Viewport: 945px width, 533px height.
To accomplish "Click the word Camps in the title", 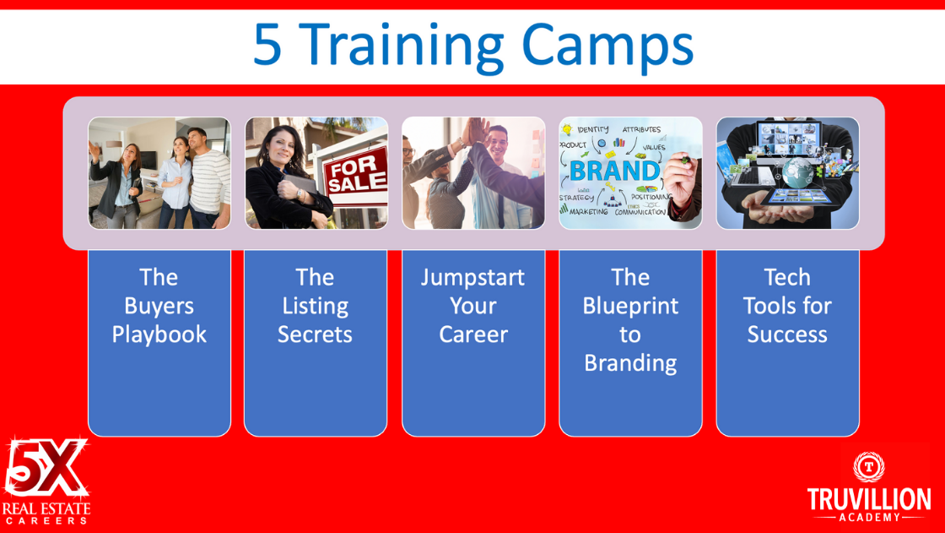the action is point(607,46).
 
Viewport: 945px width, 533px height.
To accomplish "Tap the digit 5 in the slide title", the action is point(267,44).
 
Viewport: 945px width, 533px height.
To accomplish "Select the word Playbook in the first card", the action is point(159,334).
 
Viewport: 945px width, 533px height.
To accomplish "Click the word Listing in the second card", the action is point(316,306).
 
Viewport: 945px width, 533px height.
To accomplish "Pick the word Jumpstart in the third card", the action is point(473,278).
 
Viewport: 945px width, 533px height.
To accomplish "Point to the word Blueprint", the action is point(630,306).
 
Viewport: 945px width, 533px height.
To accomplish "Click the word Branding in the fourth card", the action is point(630,363).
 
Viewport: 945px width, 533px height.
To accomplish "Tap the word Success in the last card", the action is point(787,334).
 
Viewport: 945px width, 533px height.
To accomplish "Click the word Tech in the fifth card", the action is point(787,278).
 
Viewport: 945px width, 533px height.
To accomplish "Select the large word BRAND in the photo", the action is point(615,171).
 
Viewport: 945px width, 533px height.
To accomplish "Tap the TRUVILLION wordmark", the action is point(868,500).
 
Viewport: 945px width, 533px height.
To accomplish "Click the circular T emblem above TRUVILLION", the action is point(868,466).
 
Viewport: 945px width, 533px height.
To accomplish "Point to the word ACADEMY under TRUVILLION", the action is point(869,517).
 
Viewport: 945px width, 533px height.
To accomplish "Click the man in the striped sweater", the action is point(207,178).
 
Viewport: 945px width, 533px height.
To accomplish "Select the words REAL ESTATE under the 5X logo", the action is point(46,509).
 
